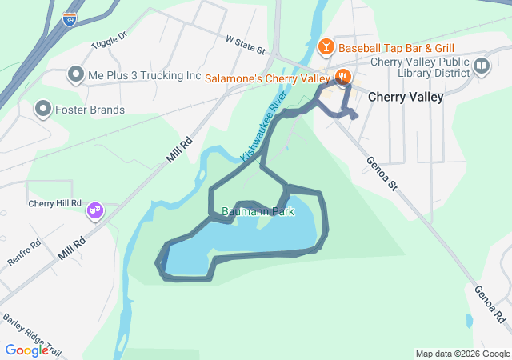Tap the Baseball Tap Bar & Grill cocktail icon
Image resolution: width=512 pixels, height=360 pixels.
tap(326, 48)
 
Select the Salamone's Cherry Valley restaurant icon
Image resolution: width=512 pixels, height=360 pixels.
tap(343, 78)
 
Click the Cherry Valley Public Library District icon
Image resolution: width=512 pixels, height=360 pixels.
tap(481, 66)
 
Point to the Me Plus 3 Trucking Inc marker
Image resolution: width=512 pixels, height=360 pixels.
tap(76, 75)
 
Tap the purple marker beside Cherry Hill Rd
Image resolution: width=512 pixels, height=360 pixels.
tap(95, 210)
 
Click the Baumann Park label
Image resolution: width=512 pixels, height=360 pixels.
tap(258, 212)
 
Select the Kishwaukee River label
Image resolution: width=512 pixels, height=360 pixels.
tap(264, 128)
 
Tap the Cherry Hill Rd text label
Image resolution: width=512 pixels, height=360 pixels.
tap(55, 203)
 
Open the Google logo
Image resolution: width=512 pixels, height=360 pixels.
tap(26, 350)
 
